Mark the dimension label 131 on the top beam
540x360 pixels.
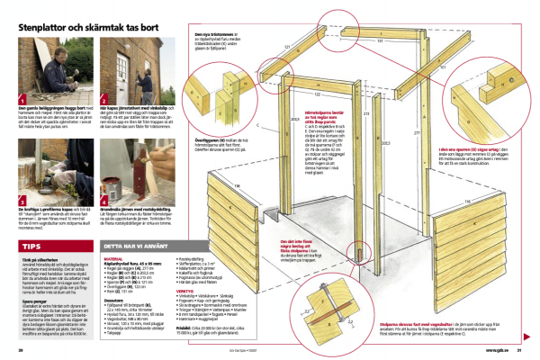click(x=355, y=40)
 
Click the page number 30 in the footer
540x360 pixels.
click(x=20, y=349)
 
